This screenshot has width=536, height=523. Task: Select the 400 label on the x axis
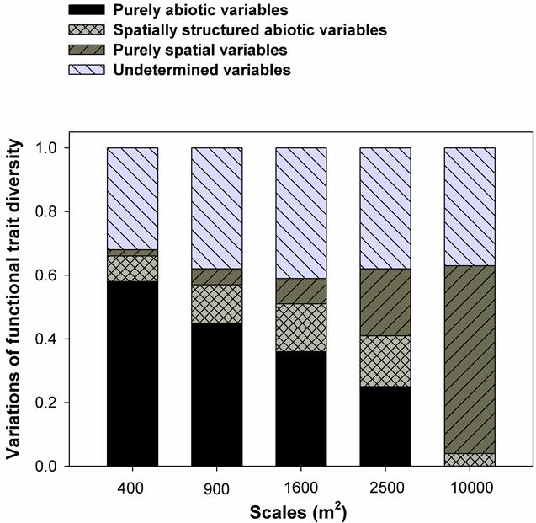coord(133,488)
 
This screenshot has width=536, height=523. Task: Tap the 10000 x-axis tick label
coord(470,488)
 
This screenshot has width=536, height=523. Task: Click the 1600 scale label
coord(301,488)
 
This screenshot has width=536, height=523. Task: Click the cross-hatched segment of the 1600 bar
coord(301,327)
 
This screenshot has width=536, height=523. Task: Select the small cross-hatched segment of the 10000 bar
coord(470,459)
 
